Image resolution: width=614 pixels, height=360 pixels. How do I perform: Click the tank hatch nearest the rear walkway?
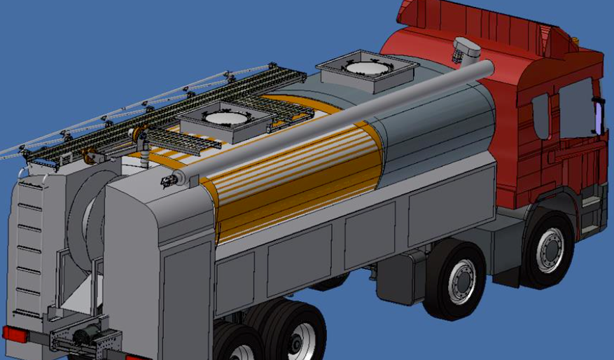(224, 119)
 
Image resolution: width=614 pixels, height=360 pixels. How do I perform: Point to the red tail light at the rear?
(14, 334)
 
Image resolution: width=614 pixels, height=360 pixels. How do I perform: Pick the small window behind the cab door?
(540, 116)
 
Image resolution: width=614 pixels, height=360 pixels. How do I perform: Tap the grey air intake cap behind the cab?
(466, 49)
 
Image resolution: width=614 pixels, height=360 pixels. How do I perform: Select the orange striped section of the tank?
(294, 175)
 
